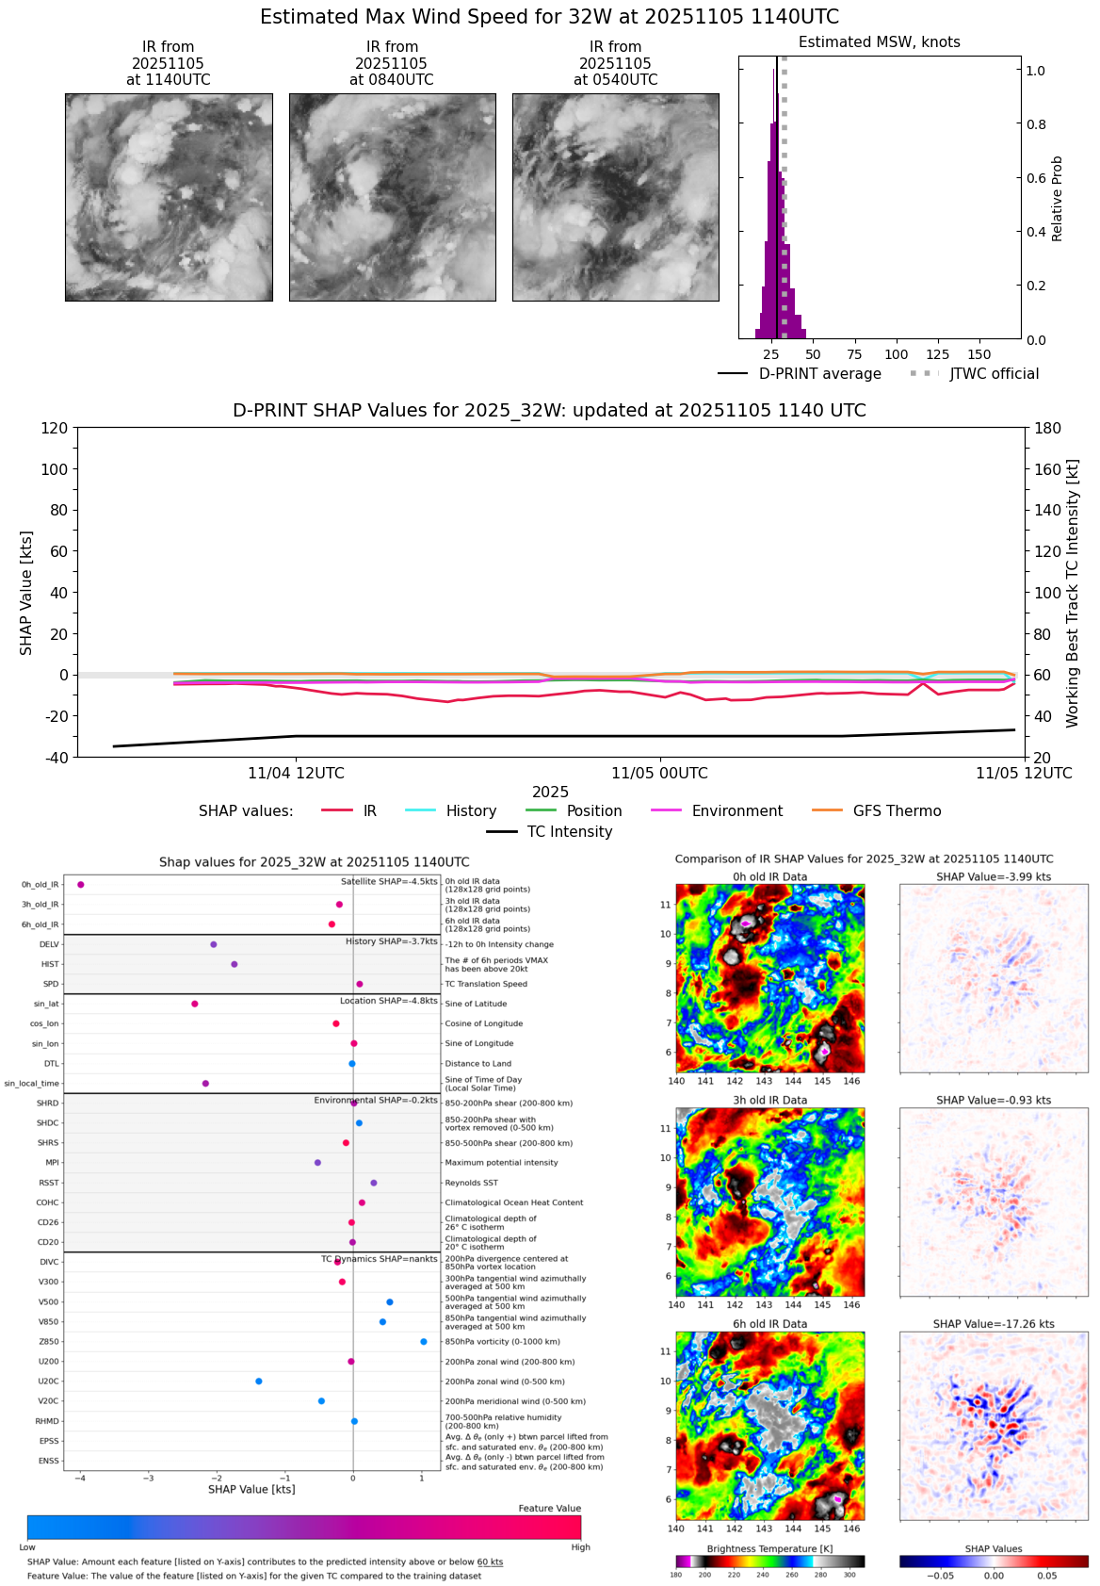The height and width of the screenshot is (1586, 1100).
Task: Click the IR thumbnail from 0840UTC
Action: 392,197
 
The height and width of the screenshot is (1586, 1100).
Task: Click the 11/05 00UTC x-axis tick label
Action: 659,773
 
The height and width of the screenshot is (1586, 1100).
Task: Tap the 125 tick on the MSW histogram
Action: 937,354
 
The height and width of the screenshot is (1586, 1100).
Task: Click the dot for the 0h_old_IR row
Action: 81,885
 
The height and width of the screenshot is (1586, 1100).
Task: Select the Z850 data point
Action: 424,1342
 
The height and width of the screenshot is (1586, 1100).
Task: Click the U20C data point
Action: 259,1382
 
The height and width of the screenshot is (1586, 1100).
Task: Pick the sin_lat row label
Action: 46,1005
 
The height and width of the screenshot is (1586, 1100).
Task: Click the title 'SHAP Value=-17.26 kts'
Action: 994,1324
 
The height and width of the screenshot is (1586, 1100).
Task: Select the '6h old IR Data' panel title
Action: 769,1324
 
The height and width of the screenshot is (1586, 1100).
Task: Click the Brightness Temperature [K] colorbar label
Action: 769,1548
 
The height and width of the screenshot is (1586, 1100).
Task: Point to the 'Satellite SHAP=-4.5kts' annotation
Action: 389,882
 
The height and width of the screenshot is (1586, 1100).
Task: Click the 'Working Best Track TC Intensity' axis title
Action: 1073,594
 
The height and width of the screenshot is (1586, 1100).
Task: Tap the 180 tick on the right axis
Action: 1048,429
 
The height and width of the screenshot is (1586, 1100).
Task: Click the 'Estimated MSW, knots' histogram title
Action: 879,42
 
